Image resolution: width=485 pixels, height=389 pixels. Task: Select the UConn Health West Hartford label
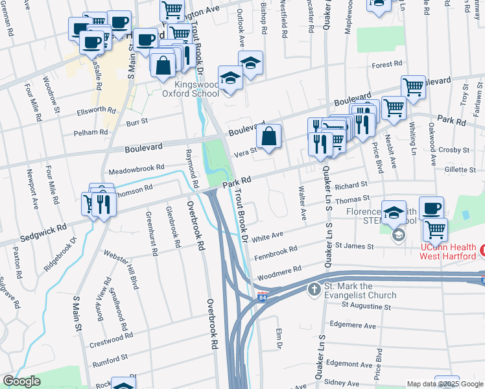449,252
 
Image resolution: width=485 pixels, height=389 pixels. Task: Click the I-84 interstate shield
262,297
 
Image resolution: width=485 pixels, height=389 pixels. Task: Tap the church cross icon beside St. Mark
314,289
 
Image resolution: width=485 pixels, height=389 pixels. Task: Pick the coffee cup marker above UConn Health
431,209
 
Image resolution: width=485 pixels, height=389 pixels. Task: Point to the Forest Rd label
388,64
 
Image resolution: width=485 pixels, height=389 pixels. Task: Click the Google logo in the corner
21,381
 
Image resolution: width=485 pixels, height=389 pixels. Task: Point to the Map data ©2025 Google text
444,384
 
